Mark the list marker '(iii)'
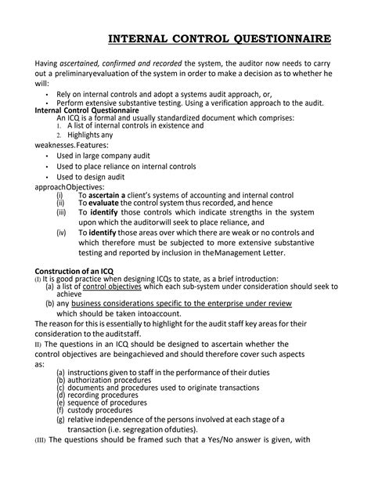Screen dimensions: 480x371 (x=62, y=211)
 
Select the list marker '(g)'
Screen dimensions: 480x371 (x=60, y=419)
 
